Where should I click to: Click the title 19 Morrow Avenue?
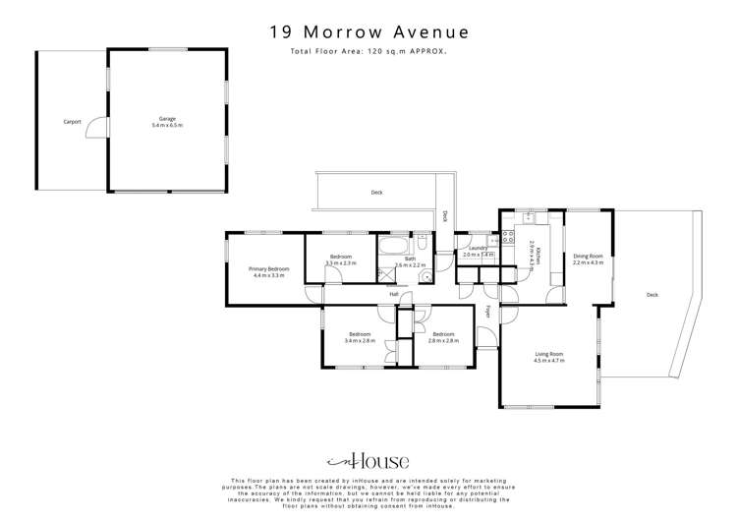click(x=368, y=32)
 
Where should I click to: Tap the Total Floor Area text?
click(x=368, y=51)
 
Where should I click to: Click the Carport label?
click(x=72, y=122)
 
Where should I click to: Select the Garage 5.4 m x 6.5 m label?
click(x=166, y=123)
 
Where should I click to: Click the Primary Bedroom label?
click(x=268, y=272)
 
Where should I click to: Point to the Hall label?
click(x=394, y=294)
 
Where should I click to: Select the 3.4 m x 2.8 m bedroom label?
click(x=360, y=337)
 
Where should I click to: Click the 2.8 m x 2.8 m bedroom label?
click(x=444, y=337)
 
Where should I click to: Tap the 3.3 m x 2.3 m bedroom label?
click(x=341, y=260)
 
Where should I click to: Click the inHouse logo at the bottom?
click(x=368, y=460)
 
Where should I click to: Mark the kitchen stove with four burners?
click(x=508, y=237)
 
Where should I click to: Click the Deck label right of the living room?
click(x=652, y=295)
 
